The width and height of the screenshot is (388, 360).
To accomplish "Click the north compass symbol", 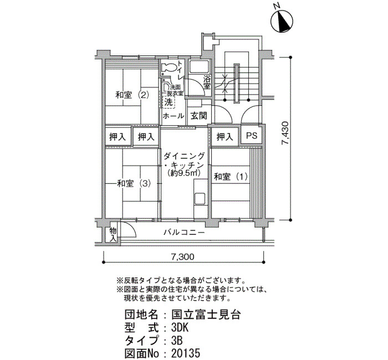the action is coord(282,21).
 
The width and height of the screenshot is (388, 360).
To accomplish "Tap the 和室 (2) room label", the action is coord(132,95).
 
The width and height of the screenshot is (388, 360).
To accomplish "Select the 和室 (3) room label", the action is coord(134,183).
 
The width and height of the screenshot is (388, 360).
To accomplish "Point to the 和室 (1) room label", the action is coord(231,177).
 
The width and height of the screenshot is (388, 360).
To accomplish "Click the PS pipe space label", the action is coord(252,136).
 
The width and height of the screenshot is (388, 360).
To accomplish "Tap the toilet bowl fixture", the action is coord(169,67).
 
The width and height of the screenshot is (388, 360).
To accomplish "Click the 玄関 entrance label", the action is coord(199,115).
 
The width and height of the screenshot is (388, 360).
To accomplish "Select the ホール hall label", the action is coord(173,115).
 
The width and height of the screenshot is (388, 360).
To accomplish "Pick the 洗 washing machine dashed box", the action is coord(169,102).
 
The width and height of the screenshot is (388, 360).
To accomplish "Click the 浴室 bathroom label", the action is coord(207,83).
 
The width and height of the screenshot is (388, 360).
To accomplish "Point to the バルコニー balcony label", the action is coord(185,233).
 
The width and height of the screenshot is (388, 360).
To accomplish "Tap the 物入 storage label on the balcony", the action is coord(113,235).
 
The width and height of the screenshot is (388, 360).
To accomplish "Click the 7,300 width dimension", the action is coord(182,257).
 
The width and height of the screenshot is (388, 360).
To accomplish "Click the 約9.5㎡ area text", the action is coord(183,173).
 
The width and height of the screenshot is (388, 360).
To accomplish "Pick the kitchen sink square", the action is coord(200,198).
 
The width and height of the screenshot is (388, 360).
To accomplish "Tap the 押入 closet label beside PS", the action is coord(224,136).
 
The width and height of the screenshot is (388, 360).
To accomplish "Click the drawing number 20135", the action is coord(185,353).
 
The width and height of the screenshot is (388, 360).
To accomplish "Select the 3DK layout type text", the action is coord(180,328).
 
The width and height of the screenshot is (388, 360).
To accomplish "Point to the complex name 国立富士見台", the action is coord(206,315).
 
